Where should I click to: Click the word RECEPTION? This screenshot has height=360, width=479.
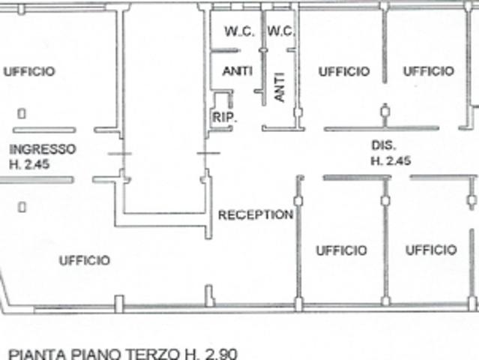point(255,214)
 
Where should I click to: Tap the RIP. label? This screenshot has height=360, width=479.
point(224,117)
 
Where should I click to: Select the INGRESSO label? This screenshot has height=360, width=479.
point(43,148)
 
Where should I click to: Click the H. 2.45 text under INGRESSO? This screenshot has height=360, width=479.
point(29,164)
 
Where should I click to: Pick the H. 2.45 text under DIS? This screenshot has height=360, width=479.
point(390,160)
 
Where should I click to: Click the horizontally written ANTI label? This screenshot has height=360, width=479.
point(238,71)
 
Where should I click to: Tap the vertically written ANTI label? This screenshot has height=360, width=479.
point(280,86)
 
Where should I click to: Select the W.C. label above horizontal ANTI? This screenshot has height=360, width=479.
point(240,31)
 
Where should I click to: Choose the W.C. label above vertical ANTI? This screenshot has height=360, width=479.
point(281,31)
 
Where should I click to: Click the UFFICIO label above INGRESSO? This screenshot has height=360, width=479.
point(28,71)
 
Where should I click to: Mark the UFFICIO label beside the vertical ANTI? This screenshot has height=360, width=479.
point(344,71)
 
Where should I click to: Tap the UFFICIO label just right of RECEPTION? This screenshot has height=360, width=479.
point(341,250)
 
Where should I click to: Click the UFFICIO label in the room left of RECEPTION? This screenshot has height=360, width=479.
point(84,260)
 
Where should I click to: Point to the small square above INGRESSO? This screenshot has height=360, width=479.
point(22,114)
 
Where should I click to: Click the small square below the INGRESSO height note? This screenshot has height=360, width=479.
point(22,206)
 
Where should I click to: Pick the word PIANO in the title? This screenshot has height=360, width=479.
point(94,352)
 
